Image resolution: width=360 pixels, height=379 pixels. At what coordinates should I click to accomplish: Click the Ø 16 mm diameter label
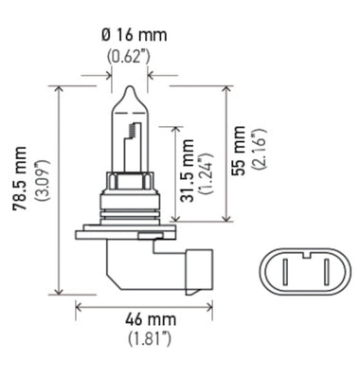(x=133, y=35)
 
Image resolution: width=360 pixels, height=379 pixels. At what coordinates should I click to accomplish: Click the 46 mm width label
(x=143, y=320)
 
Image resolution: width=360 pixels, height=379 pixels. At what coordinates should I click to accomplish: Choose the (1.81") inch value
(x=143, y=338)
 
